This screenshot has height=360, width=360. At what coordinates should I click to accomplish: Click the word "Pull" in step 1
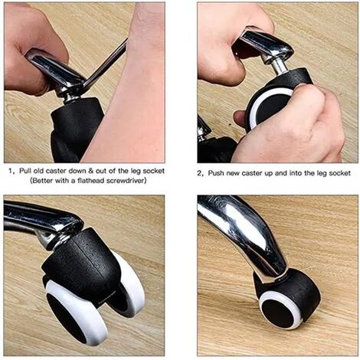tap(25, 171)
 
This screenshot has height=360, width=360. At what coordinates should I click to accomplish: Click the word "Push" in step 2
tap(215, 173)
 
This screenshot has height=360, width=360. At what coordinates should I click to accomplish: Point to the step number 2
tap(199, 174)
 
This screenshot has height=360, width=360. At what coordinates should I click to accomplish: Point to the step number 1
tap(10, 171)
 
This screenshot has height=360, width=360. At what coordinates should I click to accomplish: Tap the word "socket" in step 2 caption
tap(340, 173)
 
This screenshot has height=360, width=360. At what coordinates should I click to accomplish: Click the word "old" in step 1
tap(38, 171)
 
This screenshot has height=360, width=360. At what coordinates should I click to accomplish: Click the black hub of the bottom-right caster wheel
tap(278, 313)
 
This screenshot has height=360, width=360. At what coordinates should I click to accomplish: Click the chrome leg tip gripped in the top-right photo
tap(266, 44)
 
